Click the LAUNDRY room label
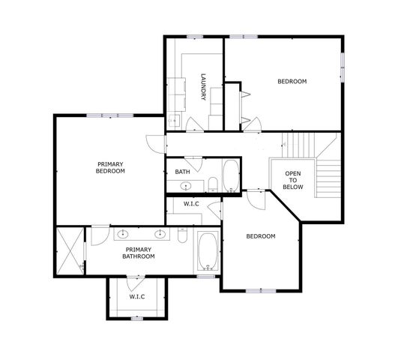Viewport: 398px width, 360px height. click(203, 87)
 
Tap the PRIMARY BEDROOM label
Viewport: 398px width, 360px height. click(110, 167)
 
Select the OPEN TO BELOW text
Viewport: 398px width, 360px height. click(293, 180)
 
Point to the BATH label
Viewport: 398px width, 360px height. click(183, 172)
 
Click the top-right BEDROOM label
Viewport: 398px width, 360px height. click(292, 82)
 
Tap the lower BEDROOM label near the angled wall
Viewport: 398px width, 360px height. click(261, 236)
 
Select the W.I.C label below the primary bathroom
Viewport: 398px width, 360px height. click(136, 296)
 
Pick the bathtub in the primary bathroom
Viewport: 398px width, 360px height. click(207, 251)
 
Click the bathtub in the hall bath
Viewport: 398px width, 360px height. click(230, 176)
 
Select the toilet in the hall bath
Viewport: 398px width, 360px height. click(212, 184)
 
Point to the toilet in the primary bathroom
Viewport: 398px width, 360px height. click(182, 235)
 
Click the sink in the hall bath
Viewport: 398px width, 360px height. click(188, 184)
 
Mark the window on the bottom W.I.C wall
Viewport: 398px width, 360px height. click(136, 319)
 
